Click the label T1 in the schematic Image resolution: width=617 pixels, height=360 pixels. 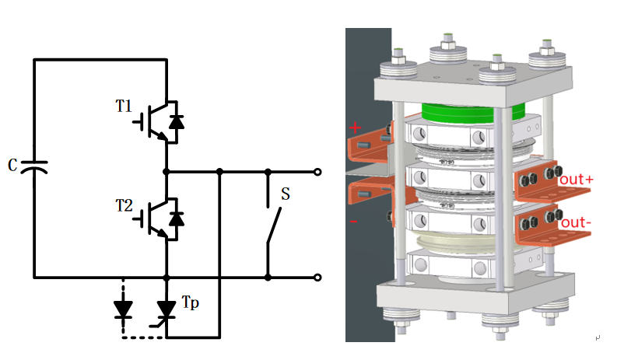[x=124, y=106]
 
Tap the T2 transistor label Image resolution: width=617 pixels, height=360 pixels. [x=124, y=206]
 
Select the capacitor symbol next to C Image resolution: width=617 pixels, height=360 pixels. [x=33, y=166]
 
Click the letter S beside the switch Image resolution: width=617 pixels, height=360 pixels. [x=286, y=194]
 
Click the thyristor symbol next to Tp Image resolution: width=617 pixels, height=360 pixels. [x=167, y=309]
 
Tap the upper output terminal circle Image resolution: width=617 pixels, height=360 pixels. [x=317, y=171]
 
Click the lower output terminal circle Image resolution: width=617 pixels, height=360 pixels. [x=317, y=277]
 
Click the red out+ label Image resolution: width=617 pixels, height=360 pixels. [x=577, y=179]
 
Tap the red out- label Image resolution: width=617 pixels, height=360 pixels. [x=577, y=223]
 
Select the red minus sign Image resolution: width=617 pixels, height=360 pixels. [x=354, y=222]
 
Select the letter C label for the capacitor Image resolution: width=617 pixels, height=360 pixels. [x=12, y=166]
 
